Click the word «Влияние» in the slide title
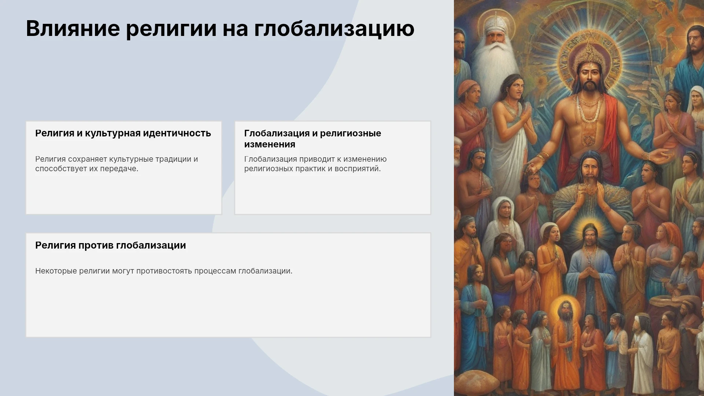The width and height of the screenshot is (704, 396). (73, 28)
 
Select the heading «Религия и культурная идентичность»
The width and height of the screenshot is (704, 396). (123, 133)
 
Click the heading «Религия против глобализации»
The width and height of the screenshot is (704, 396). (110, 245)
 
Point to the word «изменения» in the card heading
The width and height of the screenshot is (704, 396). (269, 144)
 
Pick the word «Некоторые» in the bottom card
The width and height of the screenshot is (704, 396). (56, 271)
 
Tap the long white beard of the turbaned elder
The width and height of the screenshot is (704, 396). (489, 62)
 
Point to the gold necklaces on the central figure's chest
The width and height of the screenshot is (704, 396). (589, 108)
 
